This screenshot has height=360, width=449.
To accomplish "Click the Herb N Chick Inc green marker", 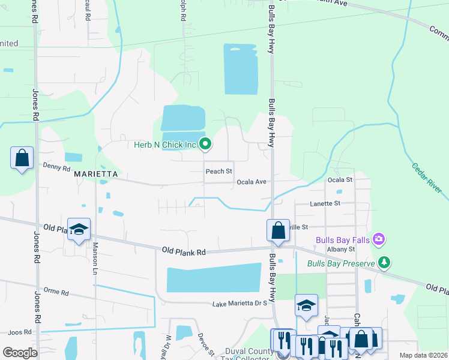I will [x=206, y=143].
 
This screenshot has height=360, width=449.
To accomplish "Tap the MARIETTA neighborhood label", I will [x=94, y=175].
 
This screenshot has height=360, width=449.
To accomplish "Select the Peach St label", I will [x=218, y=172].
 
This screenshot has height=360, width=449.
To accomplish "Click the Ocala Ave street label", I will [x=251, y=182].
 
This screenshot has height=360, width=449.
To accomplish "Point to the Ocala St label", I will [x=340, y=179].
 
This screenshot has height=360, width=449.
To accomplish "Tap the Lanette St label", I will [x=325, y=204].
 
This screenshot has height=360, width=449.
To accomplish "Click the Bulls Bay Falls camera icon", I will [x=378, y=239].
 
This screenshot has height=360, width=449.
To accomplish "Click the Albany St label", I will [x=342, y=249].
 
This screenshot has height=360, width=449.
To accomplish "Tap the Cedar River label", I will [x=427, y=178].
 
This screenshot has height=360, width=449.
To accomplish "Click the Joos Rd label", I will [x=19, y=332].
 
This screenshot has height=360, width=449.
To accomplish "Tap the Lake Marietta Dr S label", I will [x=240, y=304].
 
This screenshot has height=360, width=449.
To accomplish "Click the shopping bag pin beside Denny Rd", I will [x=22, y=159].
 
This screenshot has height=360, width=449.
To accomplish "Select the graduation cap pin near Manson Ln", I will [x=79, y=229].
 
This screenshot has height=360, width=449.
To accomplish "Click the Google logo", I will [x=20, y=353].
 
